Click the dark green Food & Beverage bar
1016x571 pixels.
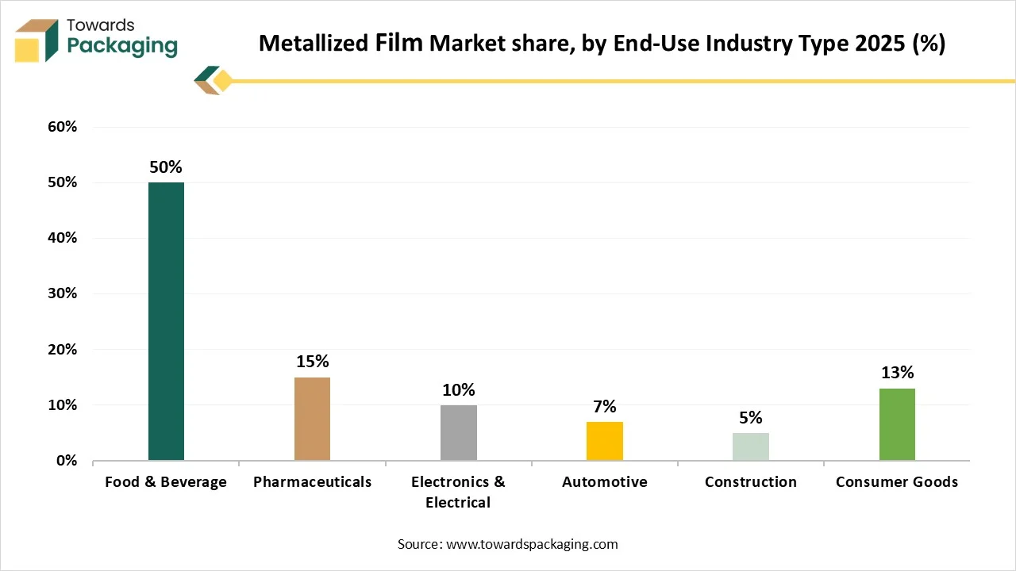tap(166, 321)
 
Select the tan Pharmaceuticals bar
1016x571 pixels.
tap(312, 419)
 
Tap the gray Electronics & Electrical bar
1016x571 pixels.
tap(458, 432)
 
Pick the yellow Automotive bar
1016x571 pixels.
tap(604, 441)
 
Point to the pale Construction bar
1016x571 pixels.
tap(750, 446)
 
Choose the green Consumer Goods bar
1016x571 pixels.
tap(897, 424)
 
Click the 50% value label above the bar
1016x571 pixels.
tap(166, 167)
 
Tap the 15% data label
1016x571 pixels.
tap(312, 362)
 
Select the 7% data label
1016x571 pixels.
tap(604, 407)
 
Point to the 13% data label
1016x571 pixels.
tap(897, 373)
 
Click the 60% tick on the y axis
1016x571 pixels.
tap(62, 127)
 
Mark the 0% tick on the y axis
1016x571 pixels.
tap(66, 461)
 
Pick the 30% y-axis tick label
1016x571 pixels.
tap(62, 293)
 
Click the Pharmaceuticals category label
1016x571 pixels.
tap(312, 482)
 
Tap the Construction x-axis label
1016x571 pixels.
tap(750, 482)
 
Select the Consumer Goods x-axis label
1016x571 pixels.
tap(897, 482)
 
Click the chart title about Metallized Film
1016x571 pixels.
tap(602, 44)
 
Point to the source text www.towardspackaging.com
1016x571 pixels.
tap(507, 544)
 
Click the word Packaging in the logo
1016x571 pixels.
tap(122, 46)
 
